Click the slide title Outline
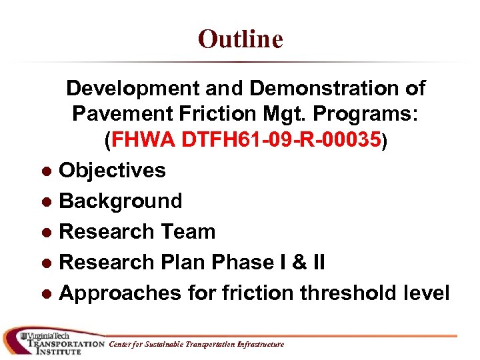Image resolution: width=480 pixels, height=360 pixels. tap(240, 39)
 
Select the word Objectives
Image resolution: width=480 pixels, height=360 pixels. tap(112, 171)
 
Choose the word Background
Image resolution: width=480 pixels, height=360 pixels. tap(121, 201)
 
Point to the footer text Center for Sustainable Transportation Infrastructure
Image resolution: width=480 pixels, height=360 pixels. tap(196, 345)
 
